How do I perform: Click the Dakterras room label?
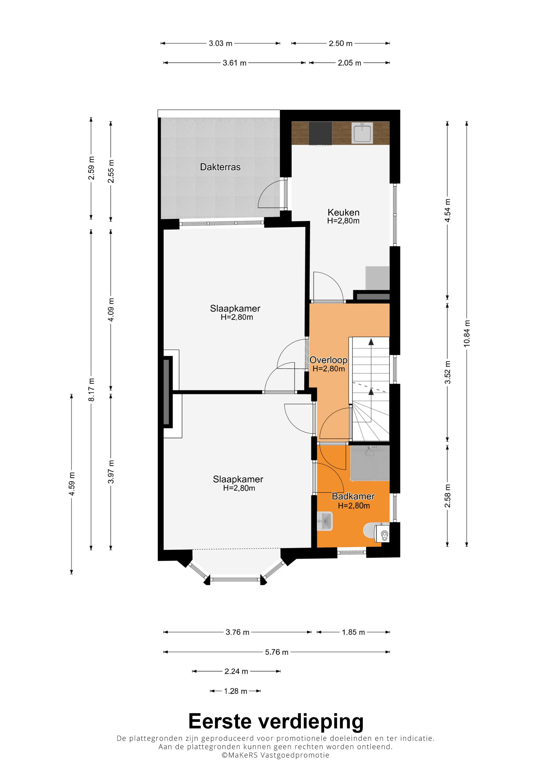(220, 167)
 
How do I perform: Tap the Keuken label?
(343, 212)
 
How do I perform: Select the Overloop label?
(328, 360)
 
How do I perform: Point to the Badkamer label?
(353, 496)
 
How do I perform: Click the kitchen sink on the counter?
(362, 133)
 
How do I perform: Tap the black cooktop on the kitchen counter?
(320, 133)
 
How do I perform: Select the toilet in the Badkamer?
(376, 532)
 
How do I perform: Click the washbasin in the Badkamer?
(325, 521)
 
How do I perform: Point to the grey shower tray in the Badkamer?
(370, 463)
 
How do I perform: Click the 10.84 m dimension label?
(467, 334)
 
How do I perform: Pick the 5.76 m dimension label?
(277, 652)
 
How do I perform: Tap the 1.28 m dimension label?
(236, 691)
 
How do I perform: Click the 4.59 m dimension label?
(72, 484)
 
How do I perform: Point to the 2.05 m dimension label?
(349, 63)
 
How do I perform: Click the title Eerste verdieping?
(276, 721)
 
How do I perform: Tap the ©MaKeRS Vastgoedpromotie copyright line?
(275, 755)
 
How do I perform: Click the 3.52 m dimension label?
(447, 372)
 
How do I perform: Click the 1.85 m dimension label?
(353, 632)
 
